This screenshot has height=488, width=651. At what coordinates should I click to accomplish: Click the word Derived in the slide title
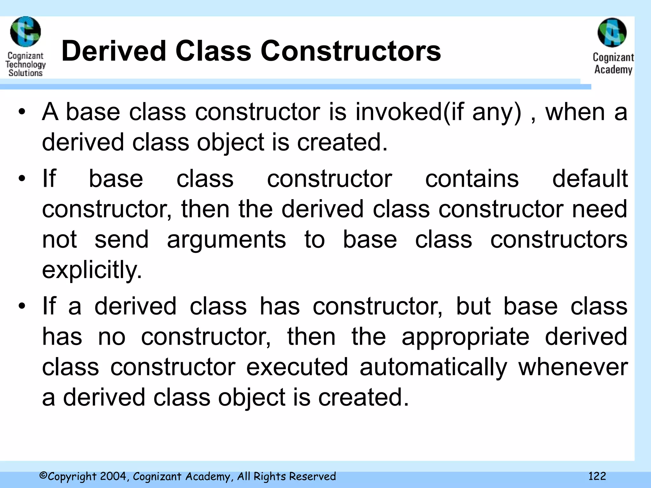pyautogui.click(x=114, y=51)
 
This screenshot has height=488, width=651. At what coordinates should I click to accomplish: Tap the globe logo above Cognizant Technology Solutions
pyautogui.click(x=25, y=32)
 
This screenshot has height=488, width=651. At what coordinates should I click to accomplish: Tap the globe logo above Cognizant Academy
pyautogui.click(x=612, y=33)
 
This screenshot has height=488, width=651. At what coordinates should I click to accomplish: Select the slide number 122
pyautogui.click(x=597, y=476)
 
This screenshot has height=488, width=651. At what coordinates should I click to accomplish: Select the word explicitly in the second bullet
pyautogui.click(x=92, y=270)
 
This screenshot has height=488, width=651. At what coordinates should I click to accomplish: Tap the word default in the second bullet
pyautogui.click(x=590, y=179)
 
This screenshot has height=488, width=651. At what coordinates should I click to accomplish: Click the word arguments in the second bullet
pyautogui.click(x=226, y=240)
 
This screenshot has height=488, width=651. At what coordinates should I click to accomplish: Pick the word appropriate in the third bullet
pyautogui.click(x=465, y=337)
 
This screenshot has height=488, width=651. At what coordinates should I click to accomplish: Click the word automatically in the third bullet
pyautogui.click(x=433, y=367)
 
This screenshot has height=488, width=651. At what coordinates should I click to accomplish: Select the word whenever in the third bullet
pyautogui.click(x=573, y=367)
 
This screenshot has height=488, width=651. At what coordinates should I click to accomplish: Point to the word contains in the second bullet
pyautogui.click(x=472, y=179)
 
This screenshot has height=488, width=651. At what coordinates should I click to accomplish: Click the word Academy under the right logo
pyautogui.click(x=613, y=69)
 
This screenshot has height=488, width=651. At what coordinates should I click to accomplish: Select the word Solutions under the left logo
pyautogui.click(x=25, y=73)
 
